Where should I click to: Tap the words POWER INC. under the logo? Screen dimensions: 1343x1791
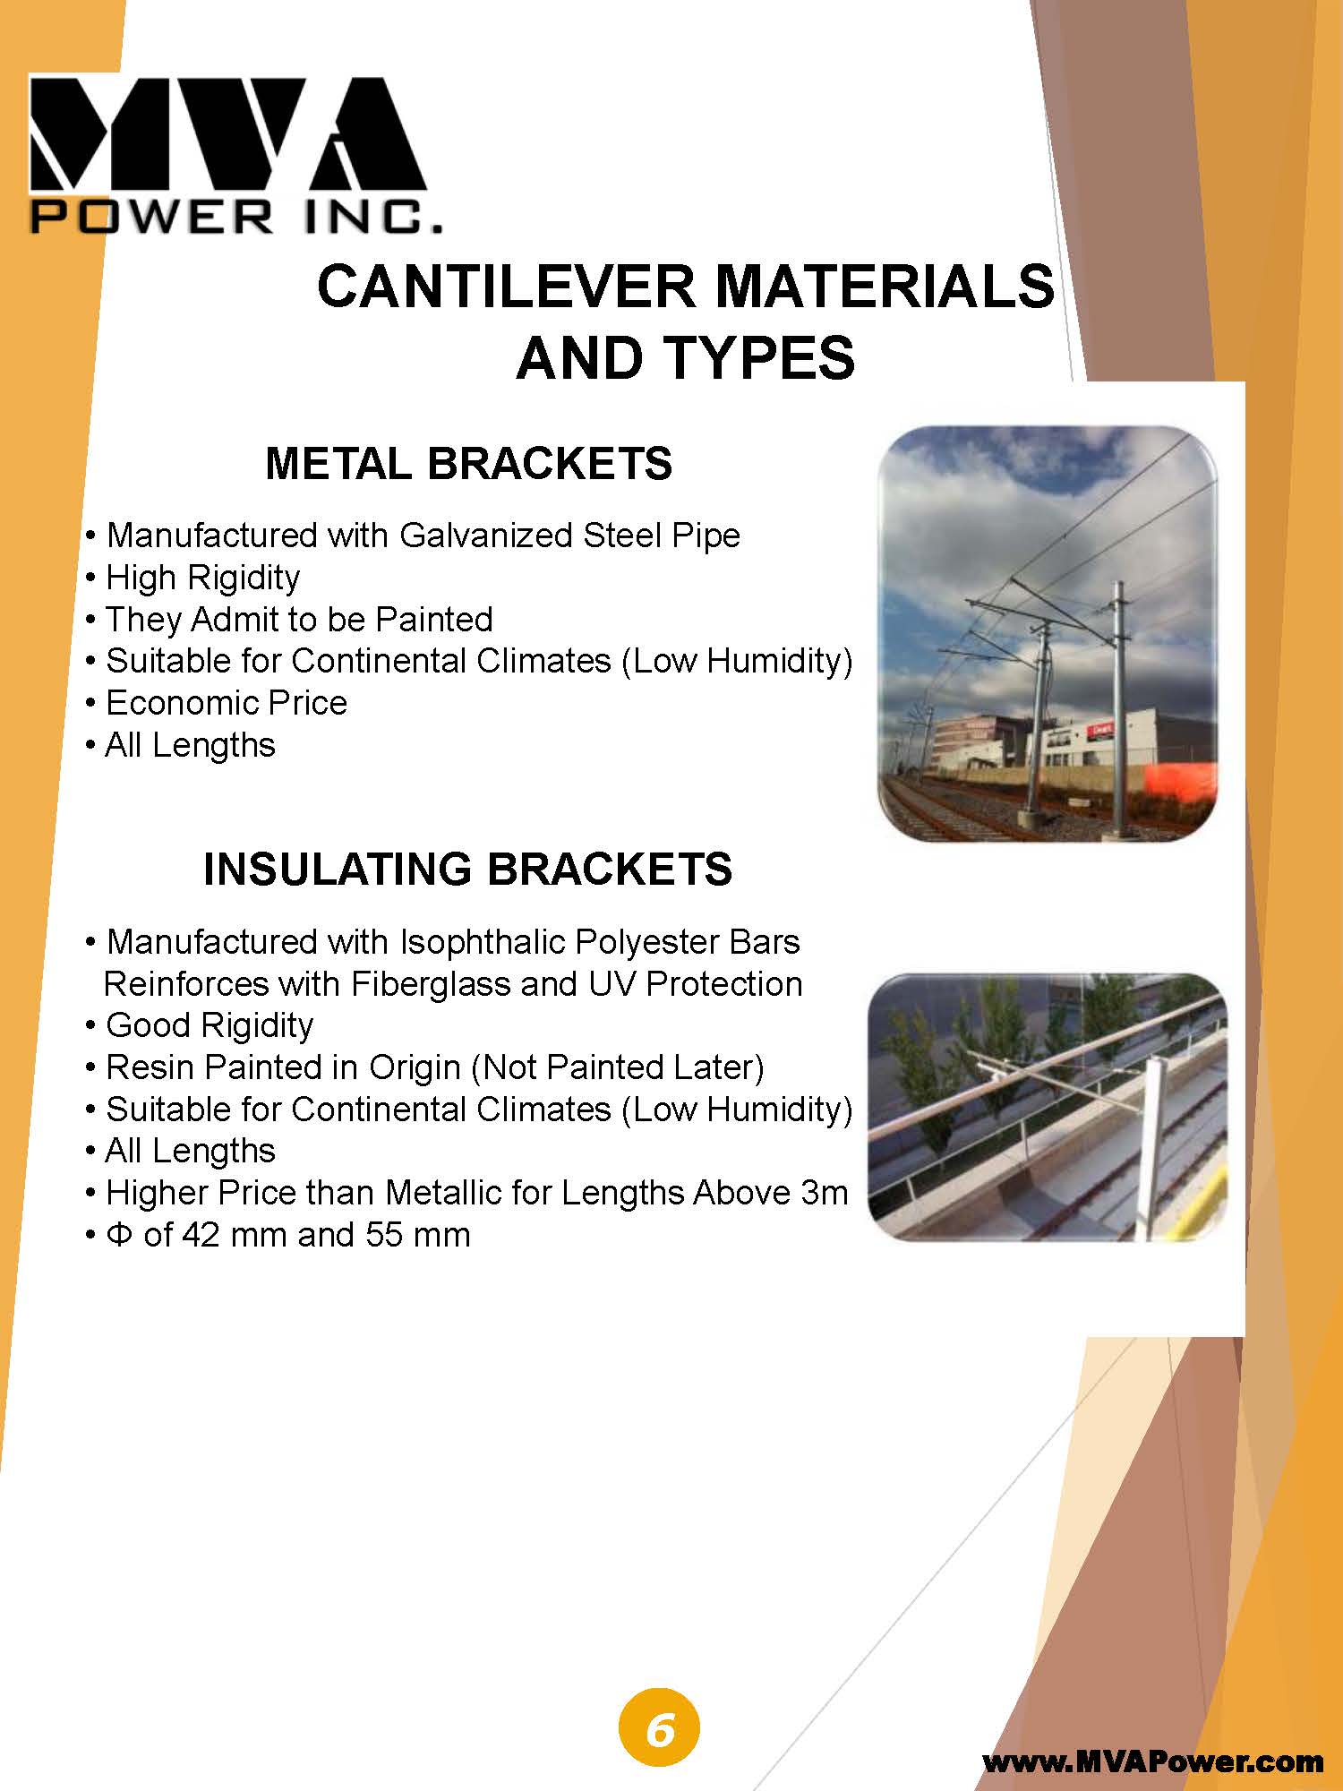tap(236, 217)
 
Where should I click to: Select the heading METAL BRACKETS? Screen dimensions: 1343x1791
tap(468, 464)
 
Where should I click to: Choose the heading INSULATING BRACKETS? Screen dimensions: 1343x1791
tap(468, 870)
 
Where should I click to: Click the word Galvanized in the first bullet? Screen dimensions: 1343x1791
tap(486, 536)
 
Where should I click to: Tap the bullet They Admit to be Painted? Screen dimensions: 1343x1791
tap(289, 620)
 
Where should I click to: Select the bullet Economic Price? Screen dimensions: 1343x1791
tap(216, 703)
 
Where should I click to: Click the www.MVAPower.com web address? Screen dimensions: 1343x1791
tap(1153, 1762)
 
